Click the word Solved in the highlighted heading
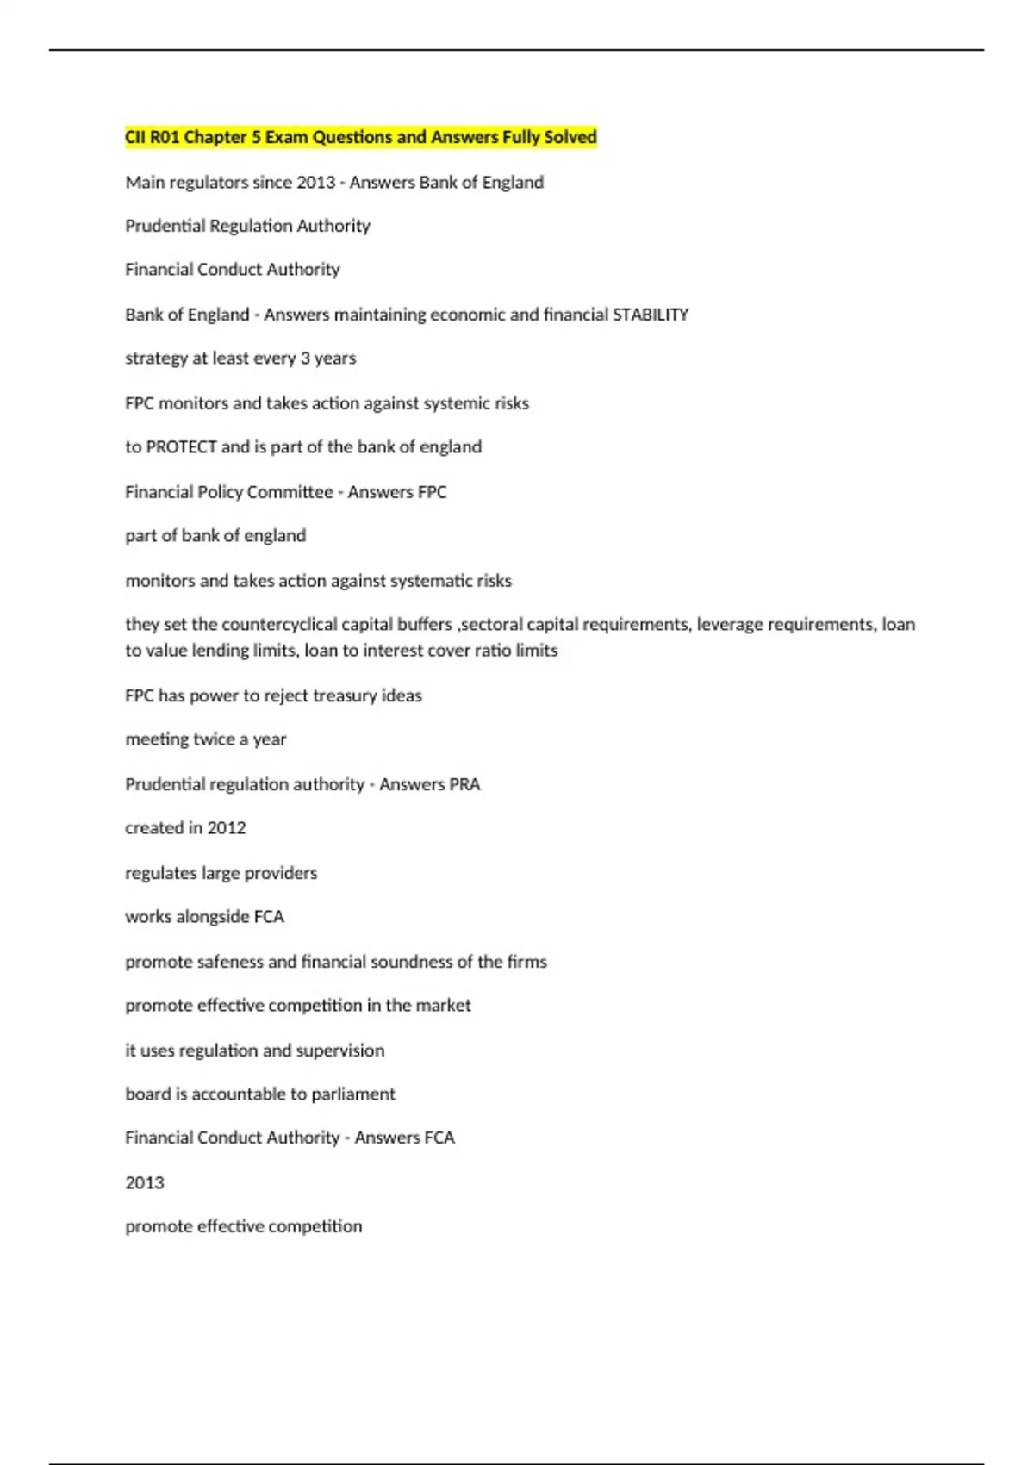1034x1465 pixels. [x=570, y=137]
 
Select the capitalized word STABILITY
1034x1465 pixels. [x=650, y=315]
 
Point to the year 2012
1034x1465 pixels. [x=227, y=827]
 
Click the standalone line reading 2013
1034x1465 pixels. [x=145, y=1182]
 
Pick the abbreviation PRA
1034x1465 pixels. [x=464, y=784]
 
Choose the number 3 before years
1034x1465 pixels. [x=305, y=358]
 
